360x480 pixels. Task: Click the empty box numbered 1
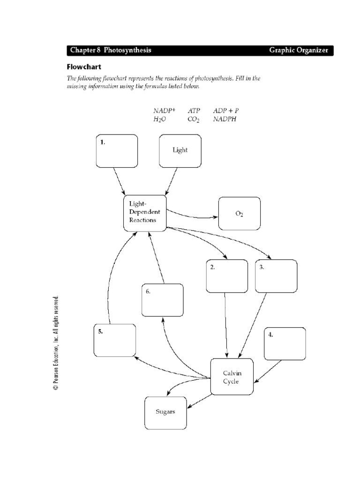[x=117, y=151]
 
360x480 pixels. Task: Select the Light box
[x=180, y=151]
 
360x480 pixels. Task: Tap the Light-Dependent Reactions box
[x=145, y=213]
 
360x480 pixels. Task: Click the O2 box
[x=239, y=213]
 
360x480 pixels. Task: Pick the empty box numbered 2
[x=226, y=276]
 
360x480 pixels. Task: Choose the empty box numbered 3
[x=276, y=276]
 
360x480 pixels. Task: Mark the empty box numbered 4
[x=285, y=344]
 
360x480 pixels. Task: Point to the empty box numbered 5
[x=114, y=340]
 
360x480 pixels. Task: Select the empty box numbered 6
[x=162, y=300]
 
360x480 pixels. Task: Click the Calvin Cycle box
[x=232, y=377]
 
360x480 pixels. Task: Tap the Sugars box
[x=165, y=412]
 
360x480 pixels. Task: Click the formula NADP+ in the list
[x=164, y=111]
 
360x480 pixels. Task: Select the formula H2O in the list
[x=159, y=120]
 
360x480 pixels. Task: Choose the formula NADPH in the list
[x=225, y=120]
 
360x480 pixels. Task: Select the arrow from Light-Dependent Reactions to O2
[x=192, y=217]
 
